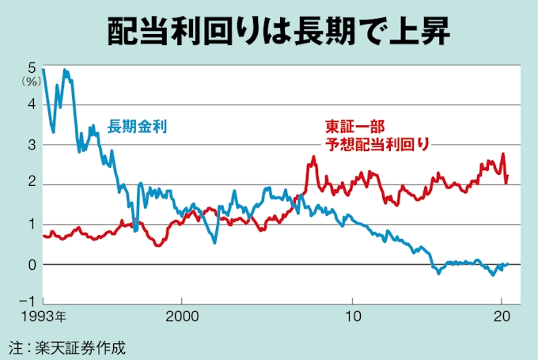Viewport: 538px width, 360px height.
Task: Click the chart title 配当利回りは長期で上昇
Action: pos(268,29)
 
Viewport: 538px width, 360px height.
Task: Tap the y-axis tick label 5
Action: pos(32,66)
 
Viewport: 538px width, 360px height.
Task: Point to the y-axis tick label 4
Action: pos(32,104)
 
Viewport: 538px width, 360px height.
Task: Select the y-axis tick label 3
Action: pos(32,145)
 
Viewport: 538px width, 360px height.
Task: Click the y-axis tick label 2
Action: pos(32,184)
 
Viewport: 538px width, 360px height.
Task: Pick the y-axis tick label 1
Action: pos(32,225)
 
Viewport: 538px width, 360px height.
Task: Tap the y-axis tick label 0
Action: pos(32,264)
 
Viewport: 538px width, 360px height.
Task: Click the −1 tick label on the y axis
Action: pos(27,301)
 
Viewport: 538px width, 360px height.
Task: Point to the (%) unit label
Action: pos(31,80)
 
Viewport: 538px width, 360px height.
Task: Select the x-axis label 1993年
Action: pos(44,316)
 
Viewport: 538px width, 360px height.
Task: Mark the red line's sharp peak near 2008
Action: pos(313,157)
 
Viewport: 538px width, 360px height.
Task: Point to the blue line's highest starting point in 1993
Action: pos(44,70)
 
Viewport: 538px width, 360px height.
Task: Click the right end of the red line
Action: pos(507,176)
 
